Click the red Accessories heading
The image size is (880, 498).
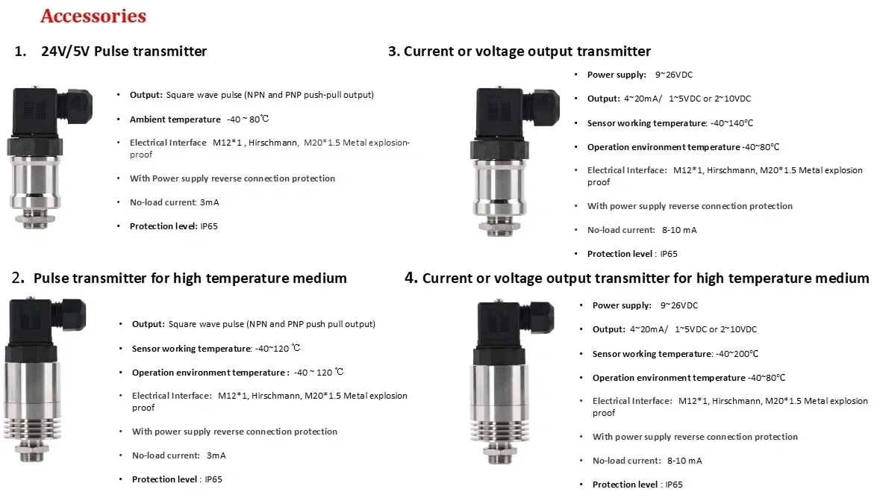pyautogui.click(x=93, y=16)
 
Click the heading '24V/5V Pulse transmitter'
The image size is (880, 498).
pyautogui.click(x=124, y=51)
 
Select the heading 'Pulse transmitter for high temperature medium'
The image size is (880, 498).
pyautogui.click(x=190, y=278)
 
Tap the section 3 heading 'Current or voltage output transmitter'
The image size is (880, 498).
pyautogui.click(x=527, y=51)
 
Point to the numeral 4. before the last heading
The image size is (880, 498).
pyautogui.click(x=411, y=277)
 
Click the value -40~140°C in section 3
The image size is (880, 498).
pyautogui.click(x=731, y=123)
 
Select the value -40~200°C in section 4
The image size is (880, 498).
pyautogui.click(x=737, y=354)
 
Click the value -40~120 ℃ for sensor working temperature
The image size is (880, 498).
pyautogui.click(x=278, y=348)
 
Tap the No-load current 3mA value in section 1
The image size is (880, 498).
pyautogui.click(x=209, y=202)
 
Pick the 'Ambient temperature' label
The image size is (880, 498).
pyautogui.click(x=175, y=119)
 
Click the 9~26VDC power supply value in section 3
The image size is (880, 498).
pyautogui.click(x=673, y=75)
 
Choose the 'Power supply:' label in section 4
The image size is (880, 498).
pyautogui.click(x=622, y=305)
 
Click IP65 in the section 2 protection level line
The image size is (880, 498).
pyautogui.click(x=213, y=479)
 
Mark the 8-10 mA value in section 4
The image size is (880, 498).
pyautogui.click(x=684, y=461)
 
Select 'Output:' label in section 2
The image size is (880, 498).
pyautogui.click(x=149, y=324)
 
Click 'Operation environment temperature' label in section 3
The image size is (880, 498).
pyautogui.click(x=664, y=147)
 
